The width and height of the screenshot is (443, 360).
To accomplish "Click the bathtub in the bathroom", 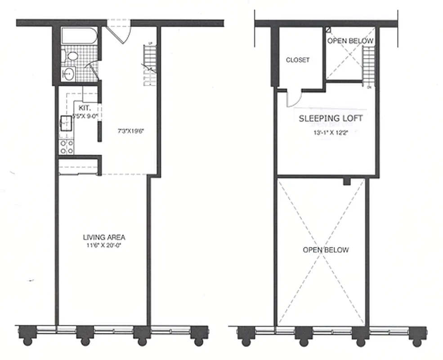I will pyautogui.click(x=78, y=36).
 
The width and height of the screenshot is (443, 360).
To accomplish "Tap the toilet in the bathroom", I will pyautogui.click(x=71, y=56).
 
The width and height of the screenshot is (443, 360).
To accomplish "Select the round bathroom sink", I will pyautogui.click(x=69, y=74).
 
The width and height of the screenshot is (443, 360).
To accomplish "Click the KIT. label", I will pyautogui.click(x=85, y=108).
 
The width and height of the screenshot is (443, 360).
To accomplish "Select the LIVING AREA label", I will pyautogui.click(x=104, y=237).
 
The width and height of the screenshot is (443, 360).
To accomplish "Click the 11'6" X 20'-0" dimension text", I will pyautogui.click(x=104, y=245).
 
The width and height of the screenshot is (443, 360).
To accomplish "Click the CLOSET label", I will pyautogui.click(x=298, y=60).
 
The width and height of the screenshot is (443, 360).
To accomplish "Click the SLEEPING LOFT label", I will pyautogui.click(x=331, y=119).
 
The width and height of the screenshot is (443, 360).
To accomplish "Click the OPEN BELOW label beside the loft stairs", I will pyautogui.click(x=350, y=41).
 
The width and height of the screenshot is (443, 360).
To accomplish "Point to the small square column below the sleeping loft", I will pyautogui.click(x=346, y=181).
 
